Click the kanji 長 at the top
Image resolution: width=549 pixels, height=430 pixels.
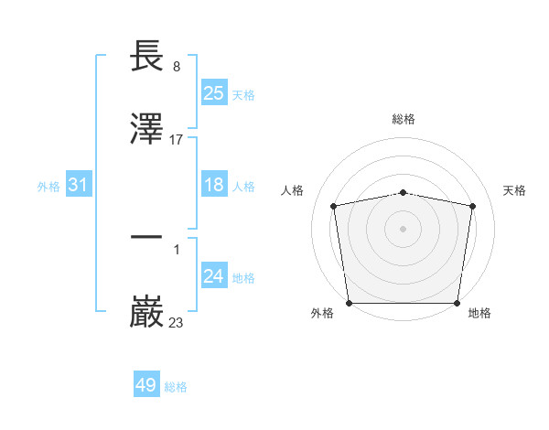click(x=147, y=57)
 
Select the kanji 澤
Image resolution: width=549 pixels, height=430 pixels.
click(x=147, y=129)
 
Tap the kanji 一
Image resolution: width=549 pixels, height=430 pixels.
click(x=147, y=238)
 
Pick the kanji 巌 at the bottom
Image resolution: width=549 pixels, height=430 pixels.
click(x=147, y=312)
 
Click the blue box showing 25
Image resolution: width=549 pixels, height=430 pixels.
click(x=213, y=93)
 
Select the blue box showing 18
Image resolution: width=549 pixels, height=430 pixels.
click(x=213, y=186)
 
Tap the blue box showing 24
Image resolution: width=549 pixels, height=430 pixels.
click(x=213, y=277)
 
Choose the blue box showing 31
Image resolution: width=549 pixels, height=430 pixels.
click(x=79, y=186)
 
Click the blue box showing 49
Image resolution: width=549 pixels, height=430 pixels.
click(x=146, y=385)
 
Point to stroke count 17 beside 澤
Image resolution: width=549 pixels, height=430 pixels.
click(x=177, y=140)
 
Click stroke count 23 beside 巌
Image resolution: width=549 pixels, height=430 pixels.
click(x=177, y=322)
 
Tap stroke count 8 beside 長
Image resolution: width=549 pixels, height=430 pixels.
click(x=177, y=67)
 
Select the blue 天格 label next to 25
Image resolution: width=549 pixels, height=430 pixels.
click(x=243, y=94)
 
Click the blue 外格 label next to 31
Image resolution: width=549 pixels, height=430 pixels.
click(x=48, y=187)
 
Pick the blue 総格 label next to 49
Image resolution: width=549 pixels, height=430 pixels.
click(x=176, y=387)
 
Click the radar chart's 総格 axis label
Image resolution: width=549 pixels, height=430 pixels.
click(x=404, y=119)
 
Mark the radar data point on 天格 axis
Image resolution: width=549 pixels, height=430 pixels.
click(x=473, y=206)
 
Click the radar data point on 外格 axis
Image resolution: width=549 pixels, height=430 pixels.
click(x=349, y=303)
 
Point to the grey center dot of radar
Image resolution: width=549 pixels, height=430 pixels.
click(x=404, y=229)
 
